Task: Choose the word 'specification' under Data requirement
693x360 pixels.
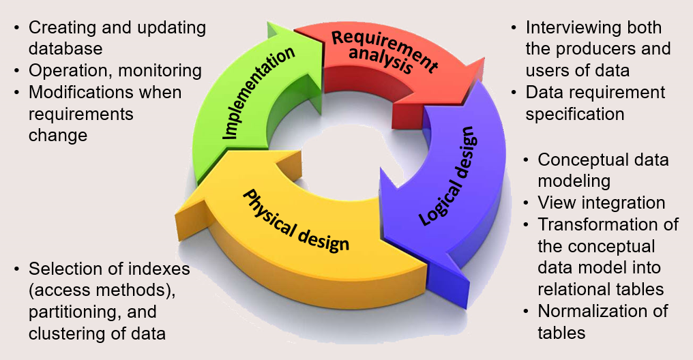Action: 574,113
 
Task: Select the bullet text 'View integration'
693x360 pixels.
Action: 601,202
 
